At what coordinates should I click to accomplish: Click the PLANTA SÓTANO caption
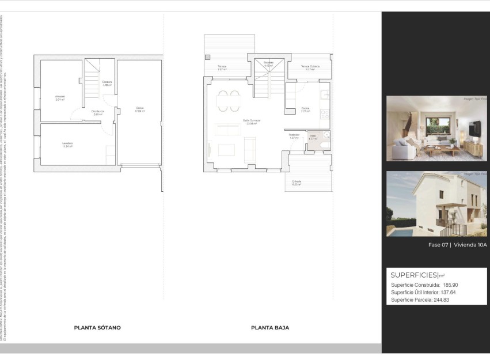pos(97,328)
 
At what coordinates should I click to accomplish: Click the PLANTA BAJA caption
pos(270,328)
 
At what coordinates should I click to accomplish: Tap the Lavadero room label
pos(67,144)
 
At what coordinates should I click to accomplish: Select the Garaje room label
pos(139,109)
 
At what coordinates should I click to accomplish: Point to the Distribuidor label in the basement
pos(97,112)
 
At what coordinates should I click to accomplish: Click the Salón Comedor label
pos(252,121)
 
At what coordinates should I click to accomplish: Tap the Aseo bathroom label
pos(313,137)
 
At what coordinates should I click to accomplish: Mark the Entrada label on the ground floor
pos(297,182)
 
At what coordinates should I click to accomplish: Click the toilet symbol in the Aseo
pos(325,145)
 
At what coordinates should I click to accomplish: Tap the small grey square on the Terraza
pos(208,56)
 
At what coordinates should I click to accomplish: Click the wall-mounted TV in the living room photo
pos(473,130)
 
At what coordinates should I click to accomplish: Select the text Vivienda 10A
pos(470,245)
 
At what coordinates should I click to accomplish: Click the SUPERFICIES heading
pos(414,275)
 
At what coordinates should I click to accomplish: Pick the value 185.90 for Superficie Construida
pos(451,285)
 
